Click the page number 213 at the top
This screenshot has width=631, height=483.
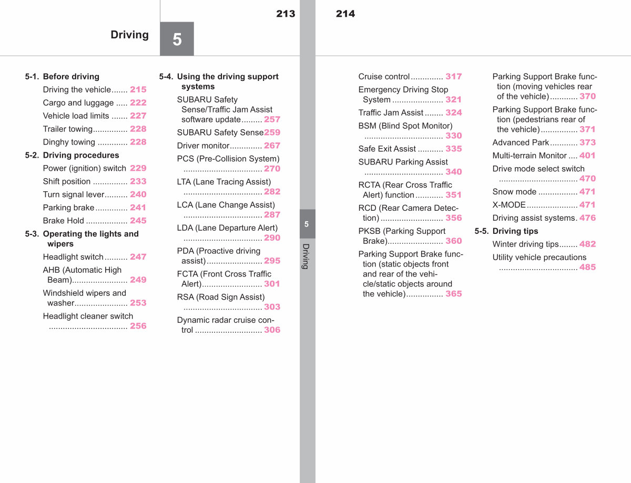(286, 14)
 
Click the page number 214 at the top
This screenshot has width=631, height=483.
(345, 14)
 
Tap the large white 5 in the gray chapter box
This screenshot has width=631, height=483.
(177, 39)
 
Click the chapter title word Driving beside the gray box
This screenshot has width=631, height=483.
(129, 35)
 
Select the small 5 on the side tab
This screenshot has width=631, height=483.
(307, 224)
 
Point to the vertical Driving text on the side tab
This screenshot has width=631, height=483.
(306, 256)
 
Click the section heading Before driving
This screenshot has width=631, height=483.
(71, 77)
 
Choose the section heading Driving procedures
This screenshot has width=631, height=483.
(81, 155)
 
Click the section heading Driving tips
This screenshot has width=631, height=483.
(515, 231)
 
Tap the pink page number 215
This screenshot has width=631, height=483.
(138, 89)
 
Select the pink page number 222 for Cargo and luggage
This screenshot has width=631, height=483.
(138, 102)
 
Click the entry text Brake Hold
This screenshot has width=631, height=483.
(63, 220)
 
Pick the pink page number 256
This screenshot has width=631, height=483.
(138, 326)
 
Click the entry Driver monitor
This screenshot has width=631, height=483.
(203, 146)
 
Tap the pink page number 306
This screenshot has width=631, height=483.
(272, 330)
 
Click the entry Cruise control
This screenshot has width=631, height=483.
(384, 77)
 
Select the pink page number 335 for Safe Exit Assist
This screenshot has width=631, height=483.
(454, 149)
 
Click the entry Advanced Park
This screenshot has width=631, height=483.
(521, 142)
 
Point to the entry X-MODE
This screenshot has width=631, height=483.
(509, 205)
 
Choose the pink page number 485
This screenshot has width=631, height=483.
(587, 267)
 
